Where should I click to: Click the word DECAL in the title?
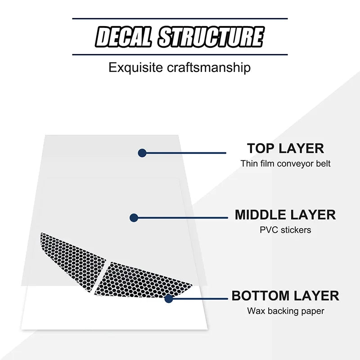(124, 37)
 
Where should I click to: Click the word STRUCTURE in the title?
(211, 37)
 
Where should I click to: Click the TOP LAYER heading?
(285, 148)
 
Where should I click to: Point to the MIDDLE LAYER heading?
(285, 215)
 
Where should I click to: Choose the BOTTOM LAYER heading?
(285, 296)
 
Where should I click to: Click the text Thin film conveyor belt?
(285, 163)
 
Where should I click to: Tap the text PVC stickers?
(285, 230)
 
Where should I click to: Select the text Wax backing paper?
(285, 310)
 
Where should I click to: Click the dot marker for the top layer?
(142, 153)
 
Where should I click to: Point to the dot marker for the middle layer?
(134, 218)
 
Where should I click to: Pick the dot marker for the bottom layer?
(168, 298)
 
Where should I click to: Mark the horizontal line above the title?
(180, 18)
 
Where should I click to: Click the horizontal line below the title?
(180, 54)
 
